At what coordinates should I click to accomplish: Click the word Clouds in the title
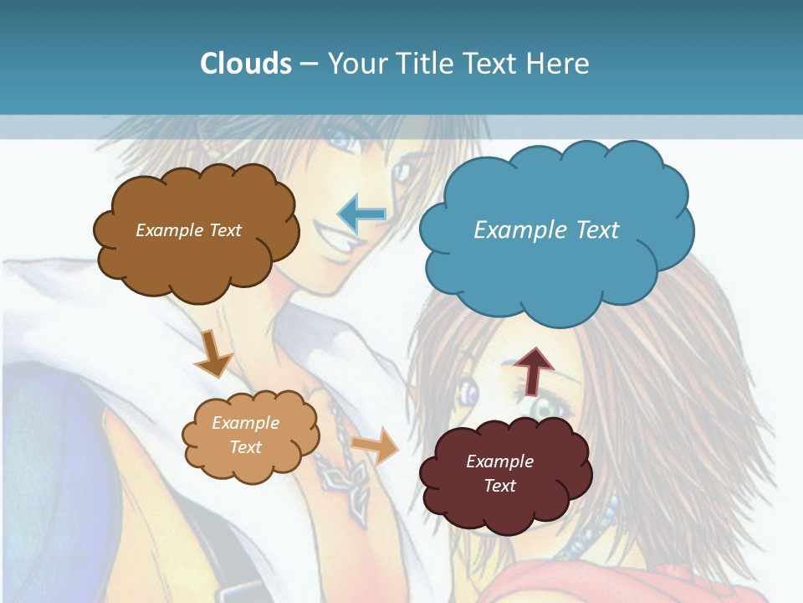[245, 64]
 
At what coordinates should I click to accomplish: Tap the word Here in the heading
[560, 64]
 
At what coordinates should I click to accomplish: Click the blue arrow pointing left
[362, 214]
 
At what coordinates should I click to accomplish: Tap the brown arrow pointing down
[212, 353]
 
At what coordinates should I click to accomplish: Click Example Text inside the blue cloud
[546, 229]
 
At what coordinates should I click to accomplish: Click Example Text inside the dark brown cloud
[188, 230]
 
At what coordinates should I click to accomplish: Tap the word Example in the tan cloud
[245, 423]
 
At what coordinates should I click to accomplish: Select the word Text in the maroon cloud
[499, 486]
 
